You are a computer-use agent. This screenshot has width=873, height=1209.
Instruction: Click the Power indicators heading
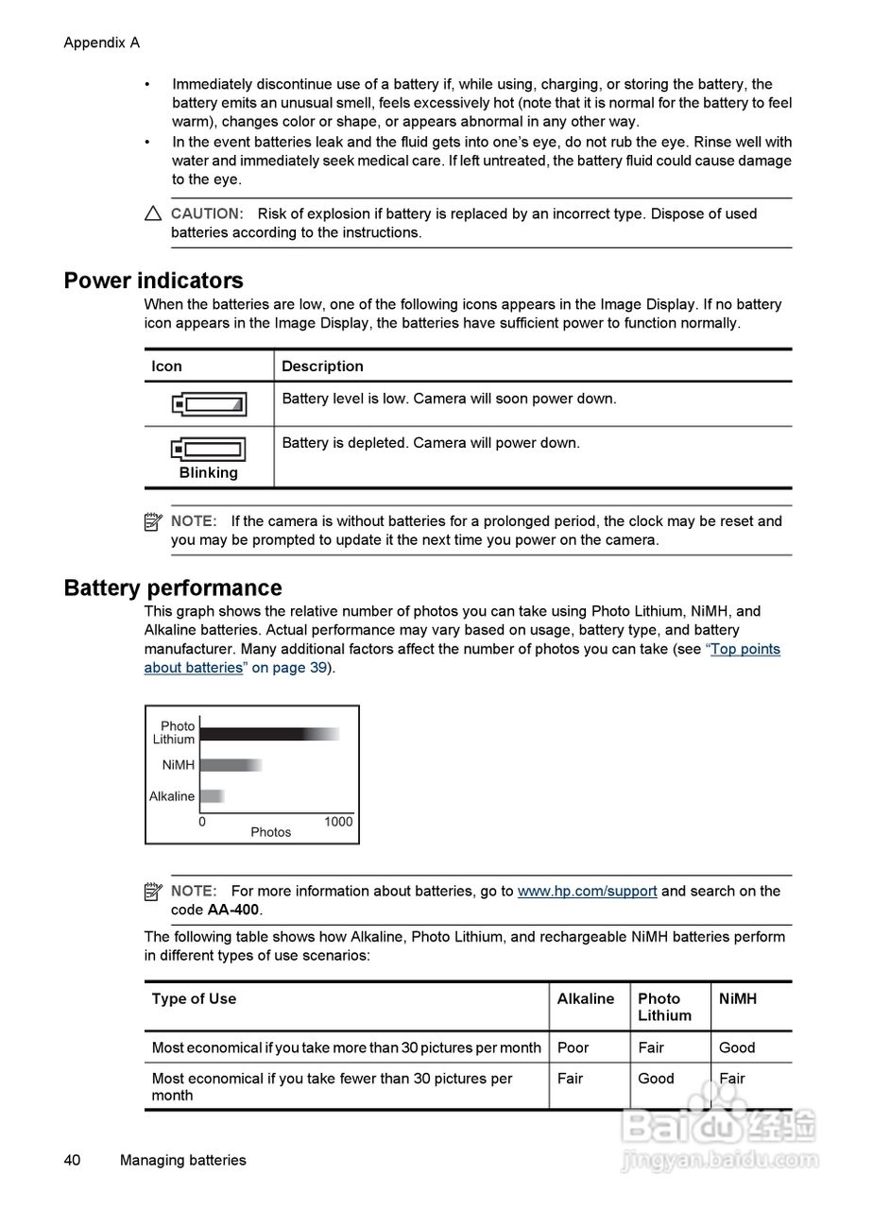tap(153, 281)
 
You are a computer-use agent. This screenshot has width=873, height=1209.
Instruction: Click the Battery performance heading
tap(173, 588)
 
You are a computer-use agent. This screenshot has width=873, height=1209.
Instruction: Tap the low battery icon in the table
tap(209, 404)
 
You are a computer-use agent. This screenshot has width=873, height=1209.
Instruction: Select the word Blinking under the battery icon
tap(209, 473)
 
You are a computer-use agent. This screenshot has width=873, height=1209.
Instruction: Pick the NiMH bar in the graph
tap(231, 765)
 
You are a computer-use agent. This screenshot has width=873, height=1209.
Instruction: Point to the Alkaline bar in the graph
tap(212, 796)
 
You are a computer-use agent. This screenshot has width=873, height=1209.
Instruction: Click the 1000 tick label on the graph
tap(338, 822)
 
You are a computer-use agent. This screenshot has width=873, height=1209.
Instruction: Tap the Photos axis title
tap(271, 832)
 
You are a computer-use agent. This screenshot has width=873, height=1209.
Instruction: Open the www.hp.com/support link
tap(587, 891)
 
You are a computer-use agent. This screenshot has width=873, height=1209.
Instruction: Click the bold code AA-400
tap(233, 910)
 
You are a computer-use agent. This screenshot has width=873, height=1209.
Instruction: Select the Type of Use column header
tap(194, 998)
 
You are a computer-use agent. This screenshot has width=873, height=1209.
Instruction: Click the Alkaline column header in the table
tap(585, 998)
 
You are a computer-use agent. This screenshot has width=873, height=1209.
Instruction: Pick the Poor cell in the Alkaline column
tap(573, 1047)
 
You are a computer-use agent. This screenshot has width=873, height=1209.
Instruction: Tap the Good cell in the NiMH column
tap(737, 1047)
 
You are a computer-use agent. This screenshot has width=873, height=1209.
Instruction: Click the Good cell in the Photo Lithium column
tap(656, 1079)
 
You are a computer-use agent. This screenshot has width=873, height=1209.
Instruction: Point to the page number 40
tap(72, 1160)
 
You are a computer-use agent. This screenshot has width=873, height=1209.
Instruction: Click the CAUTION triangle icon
tap(153, 214)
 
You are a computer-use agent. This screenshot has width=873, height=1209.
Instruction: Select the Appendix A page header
tap(101, 43)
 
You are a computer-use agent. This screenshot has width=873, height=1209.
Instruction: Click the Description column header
tap(322, 366)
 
